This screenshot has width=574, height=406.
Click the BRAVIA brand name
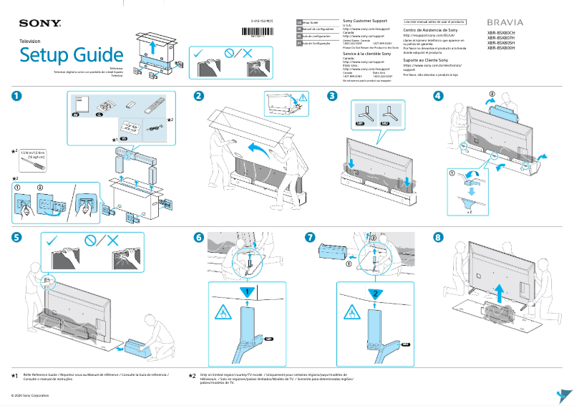pyautogui.click(x=505, y=23)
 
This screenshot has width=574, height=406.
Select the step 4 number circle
pyautogui.click(x=438, y=97)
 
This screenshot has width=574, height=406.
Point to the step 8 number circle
pyautogui.click(x=439, y=237)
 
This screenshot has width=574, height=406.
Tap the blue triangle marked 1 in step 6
pyautogui.click(x=245, y=292)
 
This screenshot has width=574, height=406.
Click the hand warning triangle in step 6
pyautogui.click(x=222, y=313)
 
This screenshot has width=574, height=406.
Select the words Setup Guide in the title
pyautogui.click(x=72, y=55)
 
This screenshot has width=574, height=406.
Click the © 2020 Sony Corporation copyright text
pyautogui.click(x=29, y=395)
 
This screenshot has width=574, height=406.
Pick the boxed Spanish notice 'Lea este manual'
pyautogui.click(x=434, y=22)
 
